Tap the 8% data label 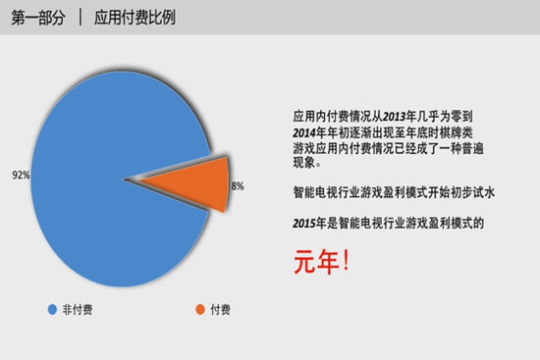(x=237, y=185)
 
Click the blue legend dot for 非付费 (x=53, y=310)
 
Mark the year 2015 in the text (x=306, y=224)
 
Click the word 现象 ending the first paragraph (x=306, y=163)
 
